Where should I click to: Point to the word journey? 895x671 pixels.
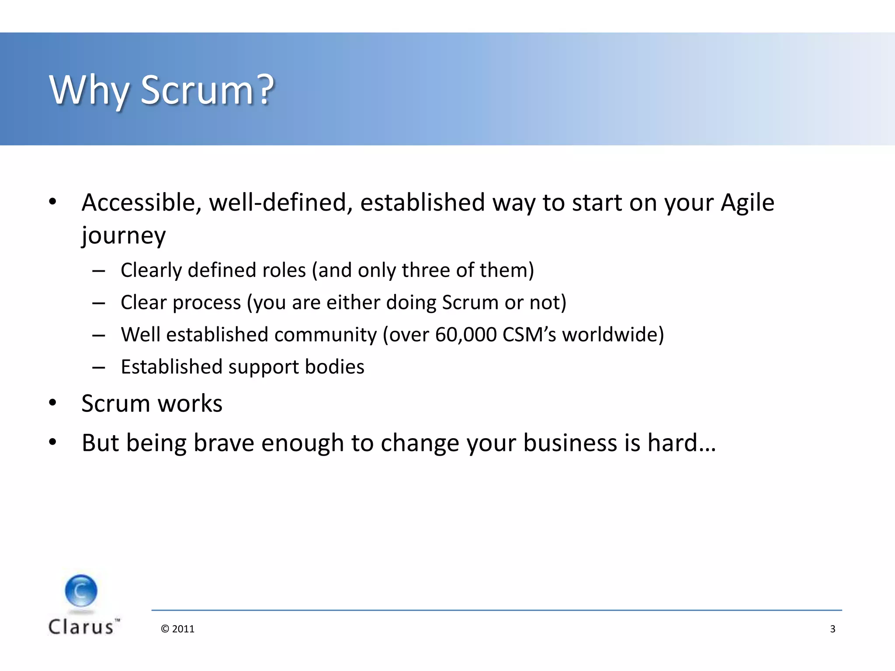pyautogui.click(x=124, y=236)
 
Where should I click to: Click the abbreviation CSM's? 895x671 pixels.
pyautogui.click(x=529, y=335)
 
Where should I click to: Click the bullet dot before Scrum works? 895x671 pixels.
pyautogui.click(x=53, y=403)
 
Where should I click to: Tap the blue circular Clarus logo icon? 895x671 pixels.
pyautogui.click(x=81, y=591)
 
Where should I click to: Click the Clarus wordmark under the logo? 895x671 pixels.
pyautogui.click(x=82, y=627)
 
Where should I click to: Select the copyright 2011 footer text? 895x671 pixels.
pyautogui.click(x=177, y=629)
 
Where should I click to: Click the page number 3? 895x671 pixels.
pyautogui.click(x=833, y=629)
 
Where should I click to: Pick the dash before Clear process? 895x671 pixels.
pyautogui.click(x=99, y=303)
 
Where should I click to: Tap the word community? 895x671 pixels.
pyautogui.click(x=325, y=335)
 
